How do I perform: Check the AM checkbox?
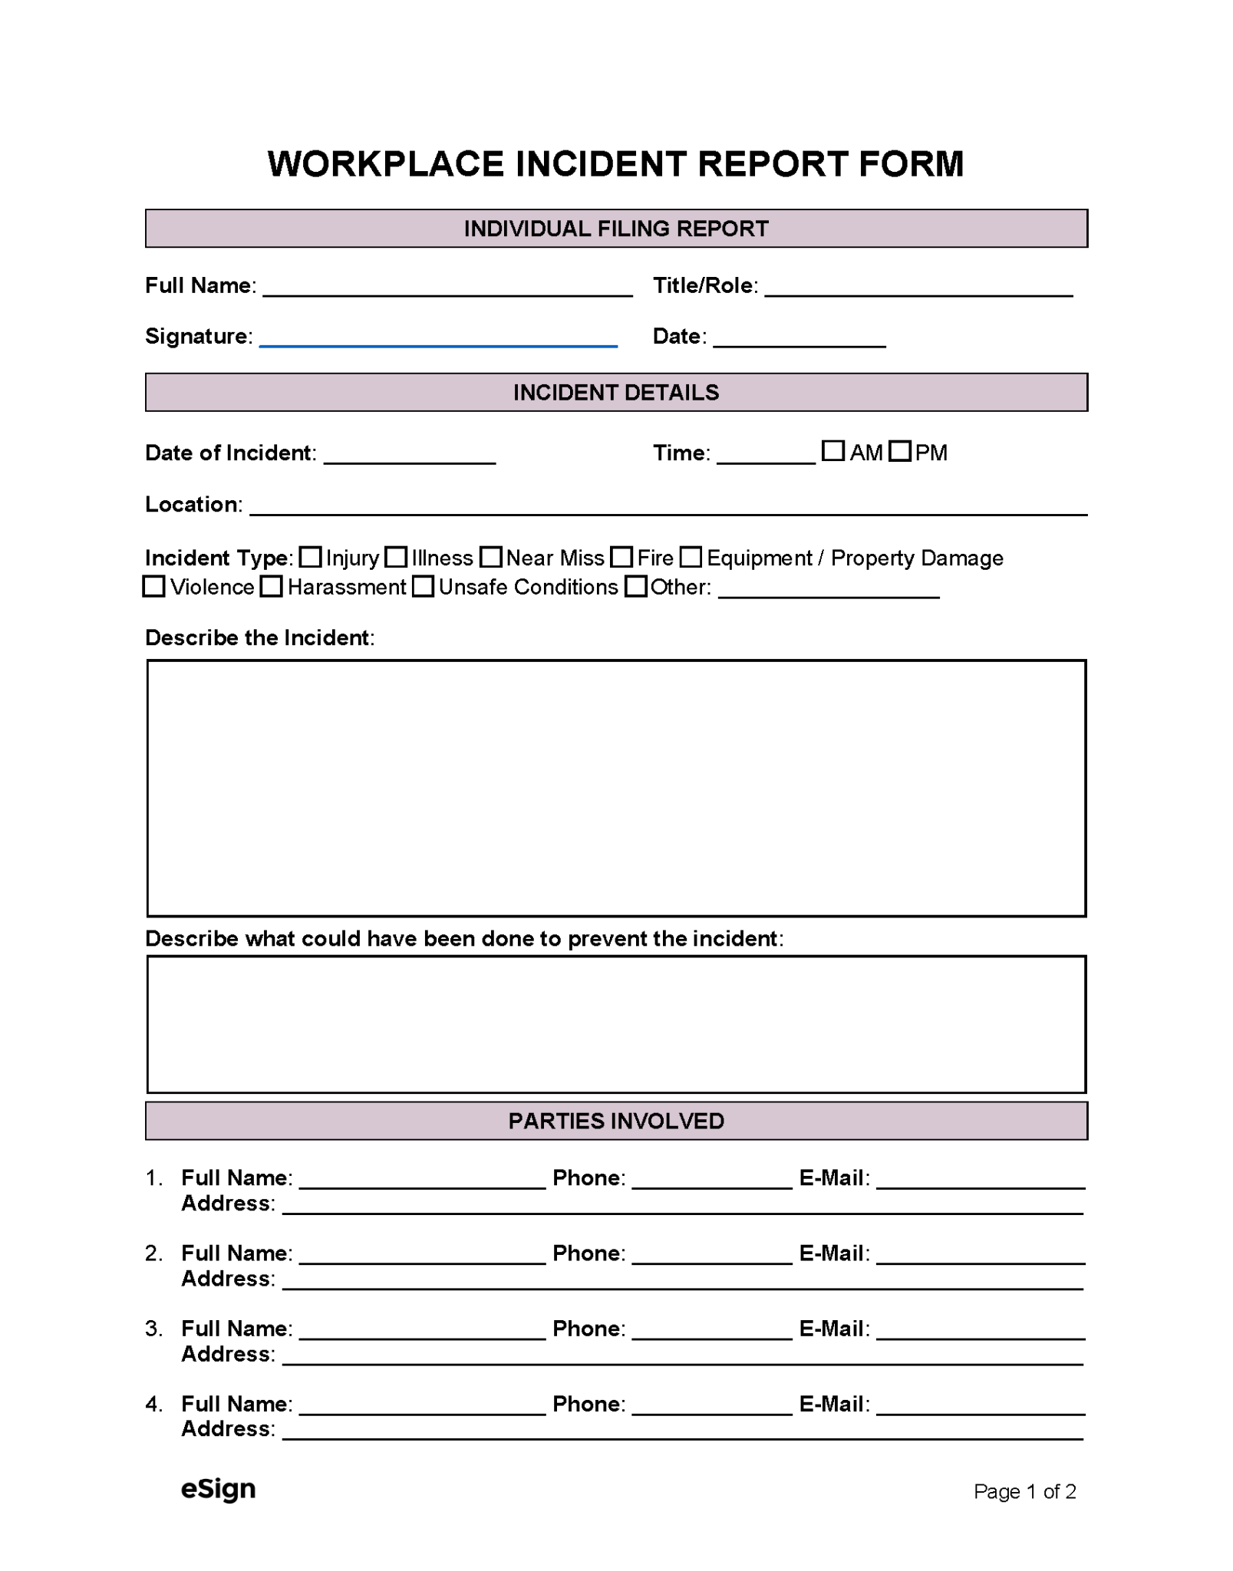832,451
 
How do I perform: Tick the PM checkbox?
900,451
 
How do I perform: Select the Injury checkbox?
310,557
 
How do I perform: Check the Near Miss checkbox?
490,557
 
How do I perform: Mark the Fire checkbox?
621,557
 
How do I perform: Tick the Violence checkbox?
154,587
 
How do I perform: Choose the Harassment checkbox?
271,587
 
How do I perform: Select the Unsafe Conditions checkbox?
423,587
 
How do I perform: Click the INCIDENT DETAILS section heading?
616,393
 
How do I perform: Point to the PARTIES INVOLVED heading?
616,1121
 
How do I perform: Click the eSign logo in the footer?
218,1489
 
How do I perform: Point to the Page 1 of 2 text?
1024,1491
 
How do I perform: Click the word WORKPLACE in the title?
385,164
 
